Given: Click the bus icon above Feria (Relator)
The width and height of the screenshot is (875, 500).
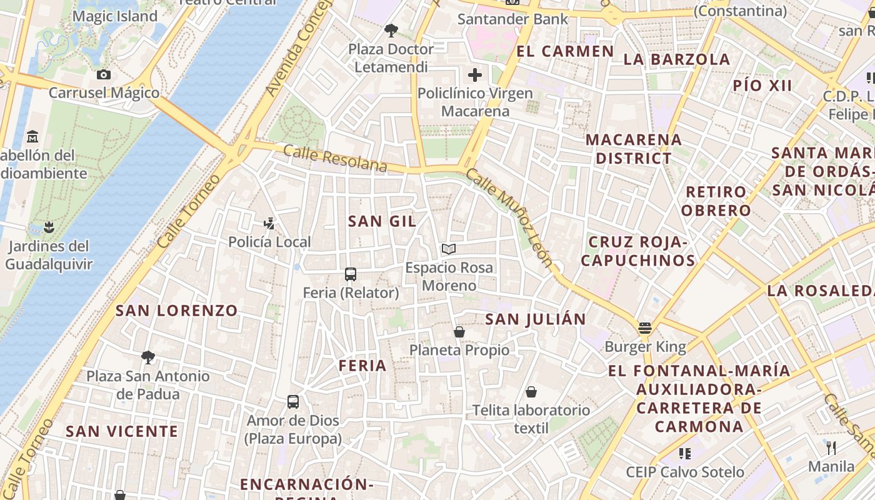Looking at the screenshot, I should [351, 274].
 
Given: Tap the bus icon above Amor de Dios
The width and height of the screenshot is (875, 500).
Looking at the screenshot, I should [293, 401].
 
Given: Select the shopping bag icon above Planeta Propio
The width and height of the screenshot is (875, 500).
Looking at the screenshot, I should [459, 332].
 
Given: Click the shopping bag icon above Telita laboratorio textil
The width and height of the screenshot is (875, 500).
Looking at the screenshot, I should [531, 392].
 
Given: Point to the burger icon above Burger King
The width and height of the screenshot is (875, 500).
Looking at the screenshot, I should [645, 327].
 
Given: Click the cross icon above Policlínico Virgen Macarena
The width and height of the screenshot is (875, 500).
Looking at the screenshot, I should [475, 76].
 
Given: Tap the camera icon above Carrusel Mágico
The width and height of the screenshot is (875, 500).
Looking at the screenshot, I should [104, 75].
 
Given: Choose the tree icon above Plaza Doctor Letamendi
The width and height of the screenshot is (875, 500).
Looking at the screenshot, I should [391, 30].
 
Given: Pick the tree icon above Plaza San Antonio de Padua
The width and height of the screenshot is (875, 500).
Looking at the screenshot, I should [148, 357].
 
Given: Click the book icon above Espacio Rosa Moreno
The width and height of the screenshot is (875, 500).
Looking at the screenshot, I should [448, 249].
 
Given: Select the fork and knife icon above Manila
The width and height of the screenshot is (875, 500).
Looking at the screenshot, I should [831, 447].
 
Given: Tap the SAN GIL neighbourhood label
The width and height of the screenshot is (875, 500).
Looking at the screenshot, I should [382, 221].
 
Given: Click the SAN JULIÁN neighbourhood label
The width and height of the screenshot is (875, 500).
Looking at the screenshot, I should [536, 319].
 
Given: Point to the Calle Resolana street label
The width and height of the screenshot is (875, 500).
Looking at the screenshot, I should [335, 158].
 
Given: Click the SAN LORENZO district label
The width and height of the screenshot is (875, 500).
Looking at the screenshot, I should [177, 311].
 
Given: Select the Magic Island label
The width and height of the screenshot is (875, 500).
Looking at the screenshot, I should [115, 16].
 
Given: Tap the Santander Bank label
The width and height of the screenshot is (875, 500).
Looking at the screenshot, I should [513, 19].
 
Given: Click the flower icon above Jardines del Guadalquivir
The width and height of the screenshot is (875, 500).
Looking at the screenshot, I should [49, 227].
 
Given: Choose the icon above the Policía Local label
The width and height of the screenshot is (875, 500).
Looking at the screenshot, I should [269, 223].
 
